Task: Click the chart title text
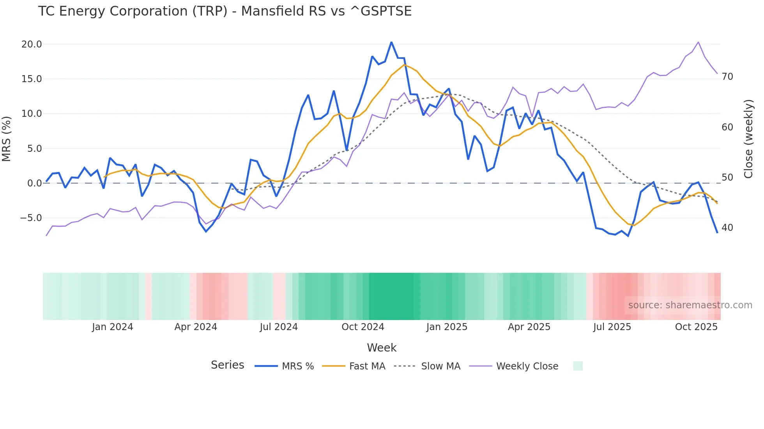(225, 11)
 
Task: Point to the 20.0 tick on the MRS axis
(31, 44)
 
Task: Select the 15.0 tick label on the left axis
(31, 79)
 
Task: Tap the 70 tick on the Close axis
(727, 77)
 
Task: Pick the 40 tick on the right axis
(727, 228)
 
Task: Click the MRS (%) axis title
(7, 139)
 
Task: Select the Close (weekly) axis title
(748, 139)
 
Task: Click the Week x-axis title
(382, 348)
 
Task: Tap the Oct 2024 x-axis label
(363, 327)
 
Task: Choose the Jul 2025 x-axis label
(612, 327)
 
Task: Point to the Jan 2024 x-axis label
(112, 327)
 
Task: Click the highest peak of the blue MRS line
(391, 42)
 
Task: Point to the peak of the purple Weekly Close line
(698, 42)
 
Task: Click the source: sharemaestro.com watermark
(690, 305)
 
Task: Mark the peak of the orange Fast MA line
(405, 65)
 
